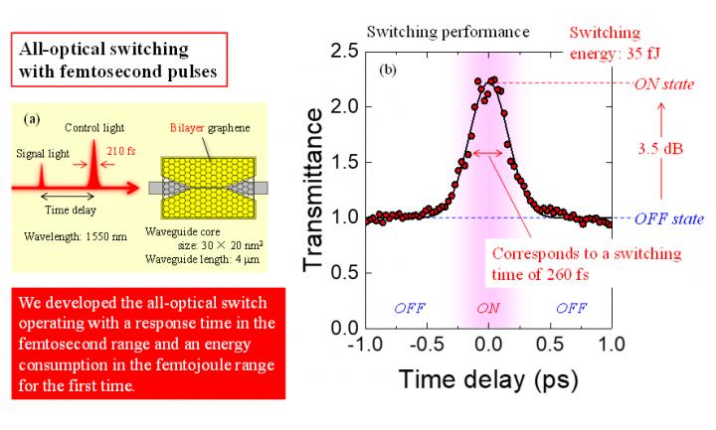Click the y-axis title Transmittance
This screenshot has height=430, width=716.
[312, 189]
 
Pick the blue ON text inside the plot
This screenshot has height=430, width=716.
[487, 308]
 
